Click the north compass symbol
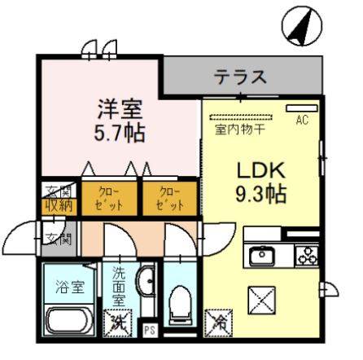coord(298,27)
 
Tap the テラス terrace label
coord(241,77)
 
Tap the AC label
coord(301,121)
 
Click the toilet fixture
coord(179,309)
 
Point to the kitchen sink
coord(263,256)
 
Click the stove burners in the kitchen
coord(306,255)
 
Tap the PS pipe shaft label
coord(149,330)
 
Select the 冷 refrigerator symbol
coord(217,322)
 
